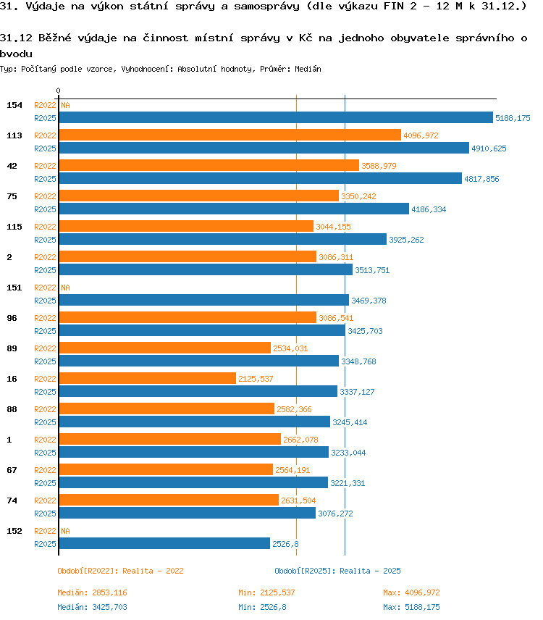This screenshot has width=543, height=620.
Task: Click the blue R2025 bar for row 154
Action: [276, 117]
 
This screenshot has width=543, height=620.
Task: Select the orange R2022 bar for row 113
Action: [230, 135]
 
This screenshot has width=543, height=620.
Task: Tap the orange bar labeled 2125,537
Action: [148, 378]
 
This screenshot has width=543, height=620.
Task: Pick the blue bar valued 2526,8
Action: [164, 543]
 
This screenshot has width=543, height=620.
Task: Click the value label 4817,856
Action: [481, 179]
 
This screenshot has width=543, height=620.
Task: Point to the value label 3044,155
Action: [333, 227]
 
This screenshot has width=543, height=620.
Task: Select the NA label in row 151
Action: [65, 288]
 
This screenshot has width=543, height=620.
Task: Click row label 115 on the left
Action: [14, 227]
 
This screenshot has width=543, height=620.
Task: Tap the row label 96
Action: [12, 318]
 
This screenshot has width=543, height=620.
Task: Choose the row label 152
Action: [14, 531]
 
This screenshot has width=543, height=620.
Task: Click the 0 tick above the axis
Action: [58, 91]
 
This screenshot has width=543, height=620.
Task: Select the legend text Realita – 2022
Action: [153, 571]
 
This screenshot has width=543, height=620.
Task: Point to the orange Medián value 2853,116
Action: [109, 592]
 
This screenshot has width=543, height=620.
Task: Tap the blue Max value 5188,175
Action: [423, 607]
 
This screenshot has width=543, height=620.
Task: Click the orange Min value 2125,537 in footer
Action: [277, 592]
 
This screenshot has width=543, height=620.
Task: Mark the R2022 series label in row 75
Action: [45, 196]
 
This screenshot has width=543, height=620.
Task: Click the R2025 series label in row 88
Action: [45, 422]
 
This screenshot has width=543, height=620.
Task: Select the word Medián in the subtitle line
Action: [308, 69]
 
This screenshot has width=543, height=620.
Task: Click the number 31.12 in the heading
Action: [16, 38]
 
